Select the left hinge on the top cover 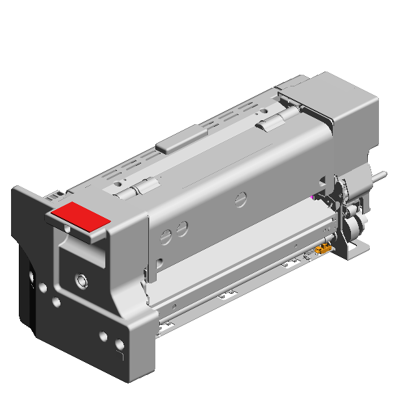tap(138, 188)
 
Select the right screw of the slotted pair tap(183, 227)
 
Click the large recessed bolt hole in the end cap tap(81, 280)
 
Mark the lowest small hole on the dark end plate tap(119, 345)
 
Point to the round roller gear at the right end tap(352, 227)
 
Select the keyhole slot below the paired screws tap(159, 264)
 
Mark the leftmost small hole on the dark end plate tap(32, 281)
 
